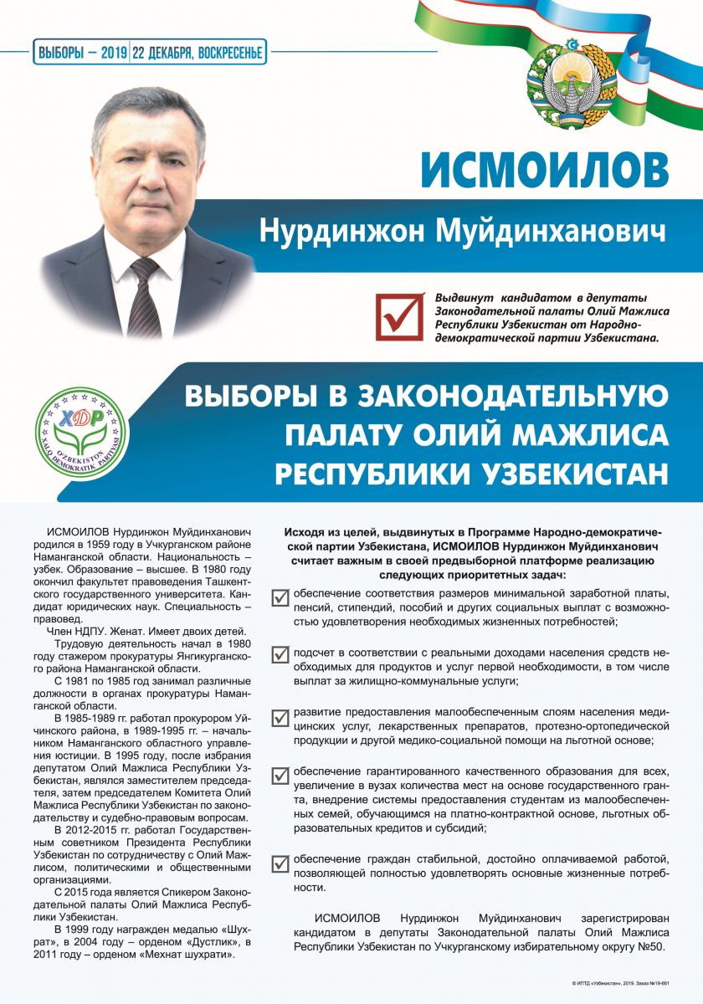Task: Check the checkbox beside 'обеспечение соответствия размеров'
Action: tap(281, 597)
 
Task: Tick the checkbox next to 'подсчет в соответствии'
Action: tap(281, 655)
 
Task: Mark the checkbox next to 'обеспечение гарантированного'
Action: tap(281, 775)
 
